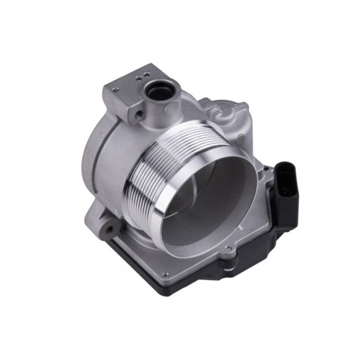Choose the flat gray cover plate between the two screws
pos(195,267)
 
